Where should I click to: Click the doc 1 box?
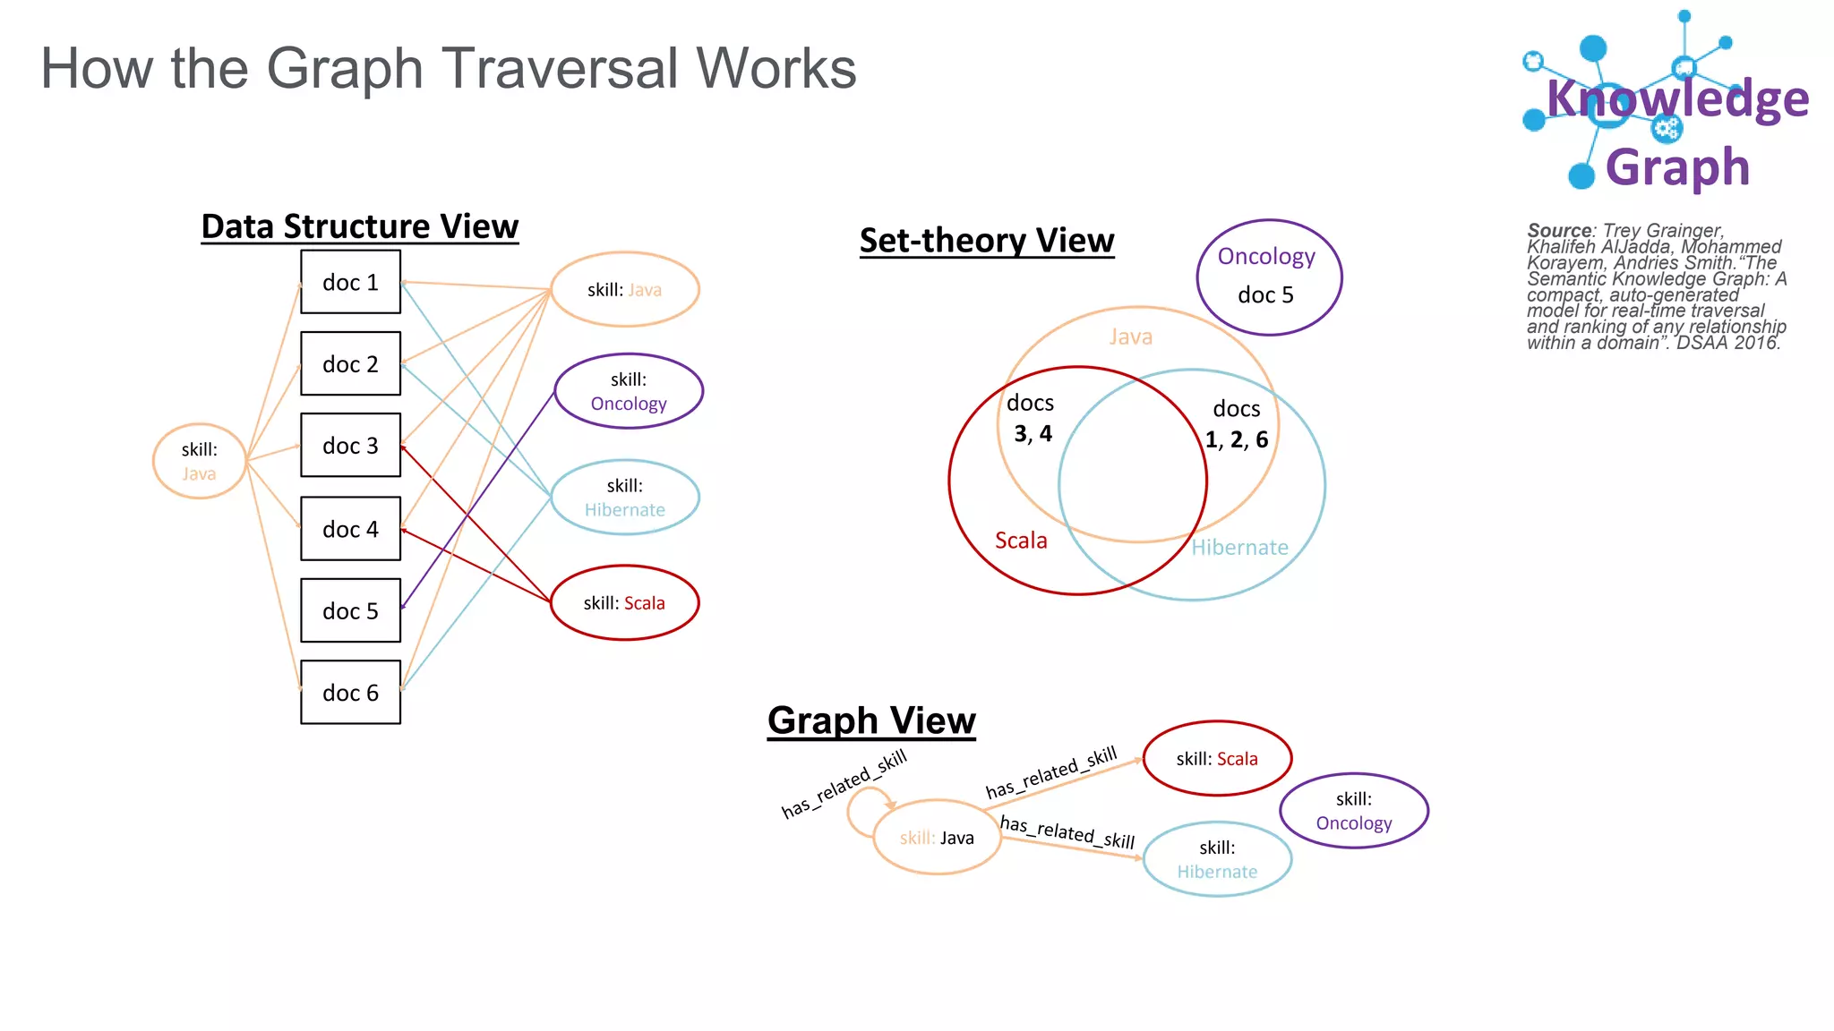[x=350, y=282]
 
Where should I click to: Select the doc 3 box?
[x=350, y=445]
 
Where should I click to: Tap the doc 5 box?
[x=350, y=610]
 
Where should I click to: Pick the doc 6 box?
[x=350, y=692]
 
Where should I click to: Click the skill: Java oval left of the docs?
[x=199, y=461]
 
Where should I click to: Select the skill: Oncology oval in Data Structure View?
[x=629, y=391]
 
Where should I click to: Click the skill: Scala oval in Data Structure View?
[x=624, y=602]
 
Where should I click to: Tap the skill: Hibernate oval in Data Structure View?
[x=624, y=498]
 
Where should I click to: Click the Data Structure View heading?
[x=359, y=226]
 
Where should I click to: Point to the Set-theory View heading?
[x=986, y=240]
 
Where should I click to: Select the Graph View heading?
[x=870, y=720]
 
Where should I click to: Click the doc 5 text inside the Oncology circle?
[x=1265, y=295]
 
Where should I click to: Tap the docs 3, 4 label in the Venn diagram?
[x=1032, y=418]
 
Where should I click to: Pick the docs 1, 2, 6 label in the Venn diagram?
[x=1236, y=424]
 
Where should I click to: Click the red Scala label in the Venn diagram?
[x=1021, y=541]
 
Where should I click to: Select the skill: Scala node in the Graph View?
[x=1217, y=758]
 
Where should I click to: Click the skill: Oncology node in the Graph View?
[x=1353, y=811]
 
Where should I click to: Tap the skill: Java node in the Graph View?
[x=937, y=837]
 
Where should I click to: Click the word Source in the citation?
[x=1558, y=230]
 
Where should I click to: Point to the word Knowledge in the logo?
[x=1677, y=98]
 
